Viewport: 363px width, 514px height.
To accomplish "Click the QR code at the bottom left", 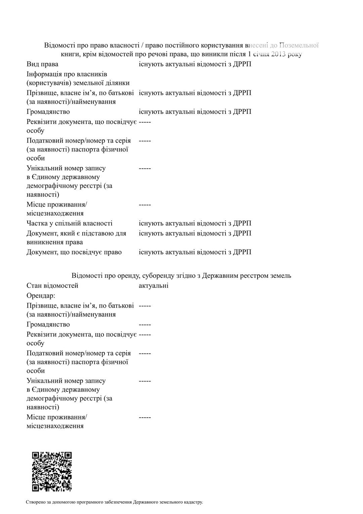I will pyautogui.click(x=52, y=472).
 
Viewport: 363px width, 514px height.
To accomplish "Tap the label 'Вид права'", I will pyautogui.click(x=42, y=64).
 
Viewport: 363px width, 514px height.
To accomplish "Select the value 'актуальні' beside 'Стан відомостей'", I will pyautogui.click(x=154, y=285).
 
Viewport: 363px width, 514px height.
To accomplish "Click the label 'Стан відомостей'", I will pyautogui.click(x=52, y=285).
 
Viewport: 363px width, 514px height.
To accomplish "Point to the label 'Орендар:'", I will pyautogui.click(x=41, y=296).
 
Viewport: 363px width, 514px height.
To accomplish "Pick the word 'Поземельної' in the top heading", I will pyautogui.click(x=299, y=45).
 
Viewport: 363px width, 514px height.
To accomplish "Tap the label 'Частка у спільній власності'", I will pyautogui.click(x=70, y=223).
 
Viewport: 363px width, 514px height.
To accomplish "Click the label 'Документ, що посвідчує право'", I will pyautogui.click(x=74, y=252).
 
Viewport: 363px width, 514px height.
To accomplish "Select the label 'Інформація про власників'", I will pyautogui.click(x=67, y=74).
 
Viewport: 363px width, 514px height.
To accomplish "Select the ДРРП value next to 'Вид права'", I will pyautogui.click(x=195, y=64).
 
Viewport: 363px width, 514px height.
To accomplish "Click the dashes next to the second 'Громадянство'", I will pyautogui.click(x=145, y=324).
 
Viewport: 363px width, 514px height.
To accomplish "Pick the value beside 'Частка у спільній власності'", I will pyautogui.click(x=195, y=223).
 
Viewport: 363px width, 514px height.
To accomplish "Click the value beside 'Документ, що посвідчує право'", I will pyautogui.click(x=195, y=252).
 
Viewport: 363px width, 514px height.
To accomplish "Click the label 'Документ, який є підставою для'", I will pyautogui.click(x=76, y=233).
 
